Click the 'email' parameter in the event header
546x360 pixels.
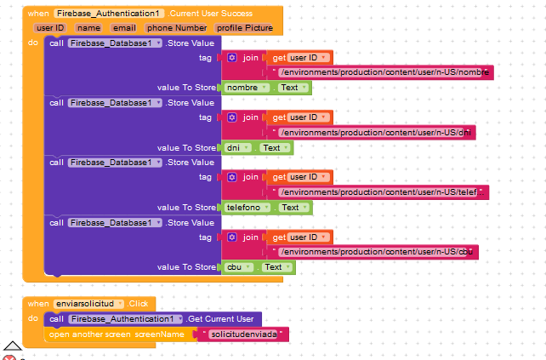click(124, 28)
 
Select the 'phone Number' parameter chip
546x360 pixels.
click(177, 28)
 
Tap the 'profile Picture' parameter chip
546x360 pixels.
click(244, 28)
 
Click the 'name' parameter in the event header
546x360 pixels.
click(88, 28)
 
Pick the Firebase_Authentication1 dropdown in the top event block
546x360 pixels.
click(109, 14)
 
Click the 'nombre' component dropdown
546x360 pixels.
click(247, 88)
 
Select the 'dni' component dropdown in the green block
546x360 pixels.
click(237, 148)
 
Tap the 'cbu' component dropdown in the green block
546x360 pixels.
click(238, 267)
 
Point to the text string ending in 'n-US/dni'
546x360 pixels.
click(375, 133)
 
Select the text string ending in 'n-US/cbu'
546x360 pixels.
click(376, 252)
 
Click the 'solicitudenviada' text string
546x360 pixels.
click(244, 334)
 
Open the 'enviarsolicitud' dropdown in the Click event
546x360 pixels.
click(88, 304)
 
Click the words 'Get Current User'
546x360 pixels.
click(221, 319)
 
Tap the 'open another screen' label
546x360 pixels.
click(90, 334)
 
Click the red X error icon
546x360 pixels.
click(9, 358)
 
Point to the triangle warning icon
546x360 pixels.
click(13, 346)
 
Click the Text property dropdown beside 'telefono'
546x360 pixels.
click(295, 208)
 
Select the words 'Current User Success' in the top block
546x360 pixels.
click(210, 14)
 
